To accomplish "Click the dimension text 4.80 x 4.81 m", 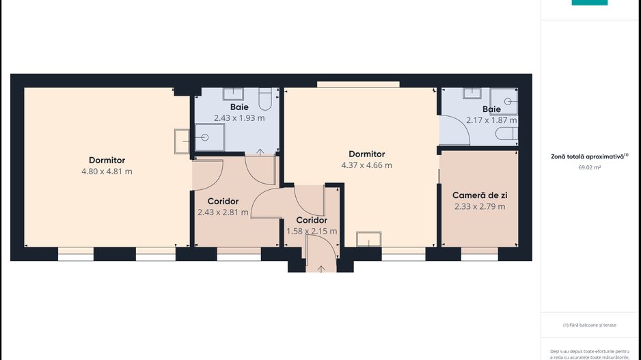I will (107, 171).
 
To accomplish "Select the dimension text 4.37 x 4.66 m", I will (366, 165).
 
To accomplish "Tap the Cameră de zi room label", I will (480, 195).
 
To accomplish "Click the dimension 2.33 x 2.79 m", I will (479, 206).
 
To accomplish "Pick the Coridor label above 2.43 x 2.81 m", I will (223, 202).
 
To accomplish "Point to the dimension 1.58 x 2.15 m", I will (311, 231).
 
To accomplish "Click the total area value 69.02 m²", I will (588, 167).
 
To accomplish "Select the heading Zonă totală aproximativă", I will (588, 156).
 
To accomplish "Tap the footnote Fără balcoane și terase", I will (589, 325).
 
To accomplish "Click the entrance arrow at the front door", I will (320, 268).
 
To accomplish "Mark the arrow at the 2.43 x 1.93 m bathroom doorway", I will (260, 152).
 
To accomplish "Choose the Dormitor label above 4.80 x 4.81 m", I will (107, 161).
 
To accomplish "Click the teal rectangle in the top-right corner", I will (589, 3).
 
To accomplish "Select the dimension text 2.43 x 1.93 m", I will (239, 117).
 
